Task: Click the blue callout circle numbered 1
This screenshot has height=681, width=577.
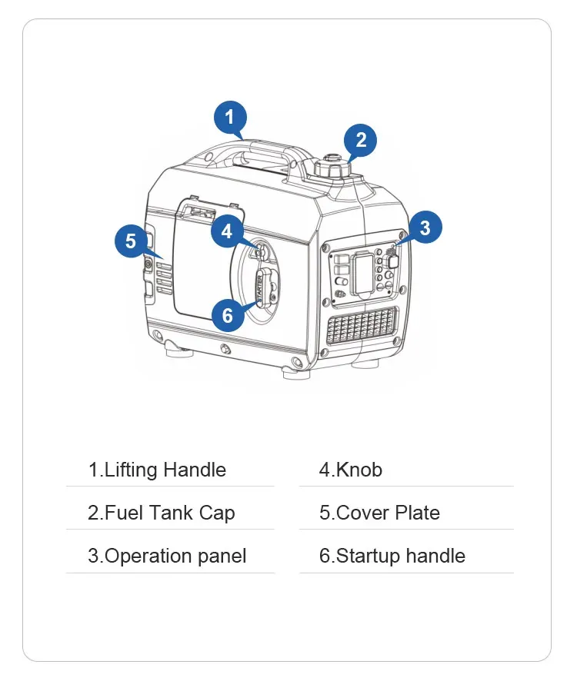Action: coord(229,118)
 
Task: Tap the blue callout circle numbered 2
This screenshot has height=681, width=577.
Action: coord(360,140)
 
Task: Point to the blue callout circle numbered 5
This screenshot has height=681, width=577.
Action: coord(132,241)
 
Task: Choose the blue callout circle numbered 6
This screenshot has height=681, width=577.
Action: coord(228,314)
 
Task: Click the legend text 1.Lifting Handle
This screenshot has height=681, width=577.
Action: coord(157,470)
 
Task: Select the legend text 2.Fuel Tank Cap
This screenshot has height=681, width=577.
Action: coord(161,513)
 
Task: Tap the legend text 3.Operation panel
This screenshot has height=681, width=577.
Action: coord(167,556)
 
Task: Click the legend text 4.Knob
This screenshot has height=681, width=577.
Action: coord(350,470)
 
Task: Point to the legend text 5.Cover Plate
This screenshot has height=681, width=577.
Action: coord(379,513)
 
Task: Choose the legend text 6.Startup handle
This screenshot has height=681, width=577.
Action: coord(392,556)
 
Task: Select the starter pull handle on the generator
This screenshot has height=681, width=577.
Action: coord(262,287)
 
